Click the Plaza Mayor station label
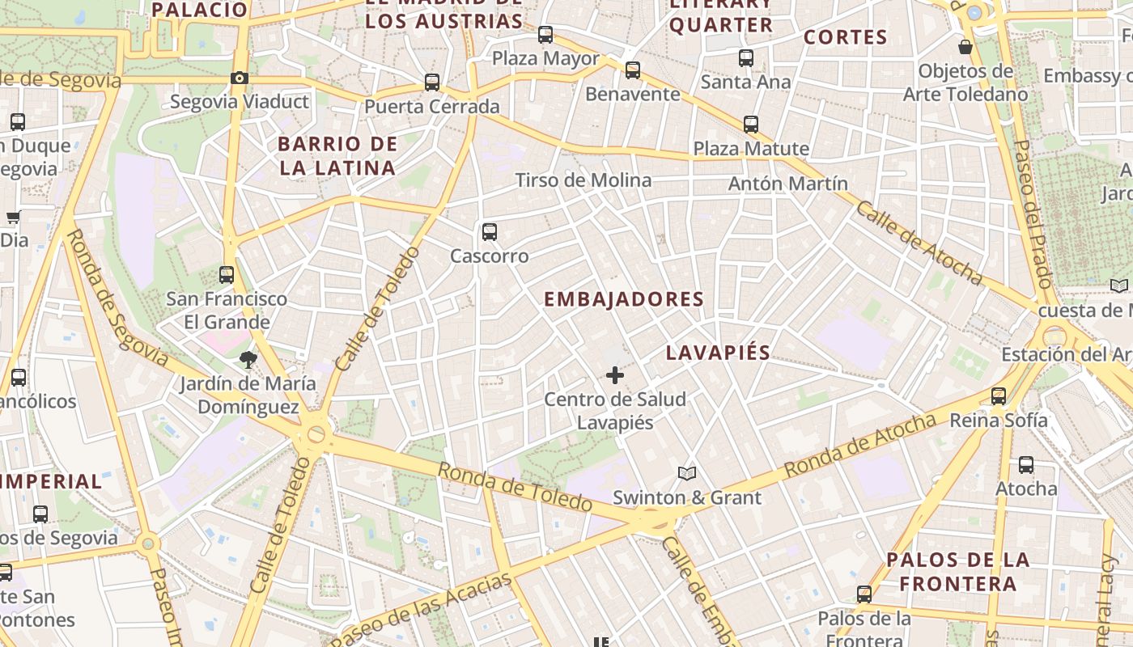tap(545, 58)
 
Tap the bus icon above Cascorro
tap(489, 232)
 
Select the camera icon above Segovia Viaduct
tap(239, 78)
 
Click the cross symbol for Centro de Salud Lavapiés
tap(615, 375)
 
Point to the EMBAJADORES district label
tap(623, 299)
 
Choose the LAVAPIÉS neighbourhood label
tap(718, 353)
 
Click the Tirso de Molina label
tap(583, 180)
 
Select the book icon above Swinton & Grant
tap(687, 473)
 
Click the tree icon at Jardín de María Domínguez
tap(248, 359)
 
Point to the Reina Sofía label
tap(998, 420)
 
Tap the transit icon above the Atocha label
tap(1026, 465)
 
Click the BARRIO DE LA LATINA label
tap(337, 156)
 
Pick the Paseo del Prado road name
tap(1033, 214)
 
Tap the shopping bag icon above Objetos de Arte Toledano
tap(965, 47)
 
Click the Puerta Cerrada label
tap(431, 107)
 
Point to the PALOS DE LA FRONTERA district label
tap(958, 571)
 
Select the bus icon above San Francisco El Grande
tap(227, 274)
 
